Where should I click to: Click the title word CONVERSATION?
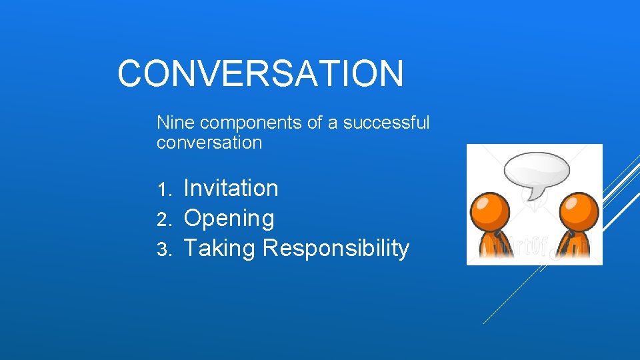pyautogui.click(x=260, y=73)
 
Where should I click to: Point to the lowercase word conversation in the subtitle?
pyautogui.click(x=209, y=143)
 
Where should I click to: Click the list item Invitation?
pyautogui.click(x=231, y=189)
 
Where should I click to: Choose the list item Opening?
pyautogui.click(x=229, y=219)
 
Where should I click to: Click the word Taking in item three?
pyautogui.click(x=219, y=249)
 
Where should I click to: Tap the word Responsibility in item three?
pyautogui.click(x=336, y=248)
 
